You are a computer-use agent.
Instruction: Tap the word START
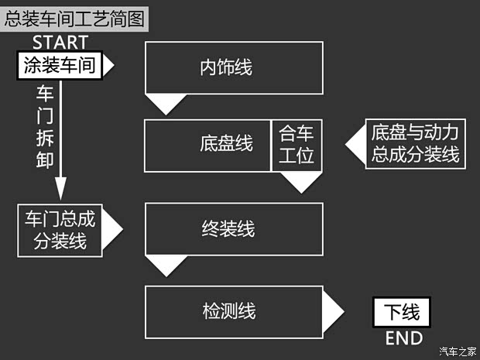[60, 43]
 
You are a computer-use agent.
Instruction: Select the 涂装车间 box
[60, 66]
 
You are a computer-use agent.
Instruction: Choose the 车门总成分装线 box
[60, 230]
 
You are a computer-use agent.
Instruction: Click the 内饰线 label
[226, 67]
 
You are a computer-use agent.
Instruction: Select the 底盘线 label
[226, 144]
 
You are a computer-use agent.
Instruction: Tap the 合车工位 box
[297, 144]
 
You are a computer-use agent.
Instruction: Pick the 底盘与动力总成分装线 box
[415, 144]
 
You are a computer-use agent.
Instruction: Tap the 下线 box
[402, 312]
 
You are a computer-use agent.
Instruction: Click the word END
[403, 338]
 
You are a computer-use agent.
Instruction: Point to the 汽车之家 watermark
[457, 351]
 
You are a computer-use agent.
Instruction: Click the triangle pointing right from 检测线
[332, 311]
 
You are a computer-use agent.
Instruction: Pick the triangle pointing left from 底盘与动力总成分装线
[355, 144]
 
